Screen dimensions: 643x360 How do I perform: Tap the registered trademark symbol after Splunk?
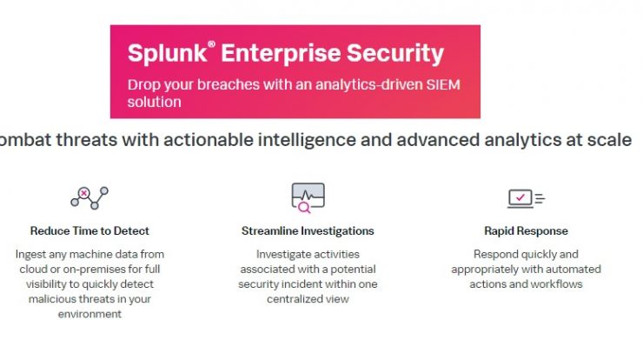[x=212, y=44]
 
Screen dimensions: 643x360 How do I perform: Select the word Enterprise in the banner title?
[x=281, y=54]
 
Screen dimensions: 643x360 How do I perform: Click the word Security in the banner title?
[x=394, y=54]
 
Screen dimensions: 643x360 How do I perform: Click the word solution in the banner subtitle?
[x=154, y=102]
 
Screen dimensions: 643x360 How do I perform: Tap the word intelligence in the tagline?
[x=307, y=140]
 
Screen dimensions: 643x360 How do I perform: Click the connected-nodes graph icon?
[x=89, y=198]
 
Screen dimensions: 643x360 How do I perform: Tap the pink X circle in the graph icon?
[x=84, y=193]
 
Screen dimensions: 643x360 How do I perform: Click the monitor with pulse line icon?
[x=308, y=197]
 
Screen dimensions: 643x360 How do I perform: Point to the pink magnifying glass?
[x=304, y=208]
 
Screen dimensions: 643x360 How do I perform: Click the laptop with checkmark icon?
[x=526, y=198]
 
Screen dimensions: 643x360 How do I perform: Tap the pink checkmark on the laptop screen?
[x=520, y=197]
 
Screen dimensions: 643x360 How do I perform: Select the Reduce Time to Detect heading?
[x=89, y=231]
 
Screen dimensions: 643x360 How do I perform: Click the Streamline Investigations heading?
[x=308, y=231]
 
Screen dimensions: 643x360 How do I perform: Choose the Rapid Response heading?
[x=526, y=231]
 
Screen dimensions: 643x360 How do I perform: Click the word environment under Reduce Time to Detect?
[x=89, y=314]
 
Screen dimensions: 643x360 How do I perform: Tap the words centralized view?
[x=308, y=299]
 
